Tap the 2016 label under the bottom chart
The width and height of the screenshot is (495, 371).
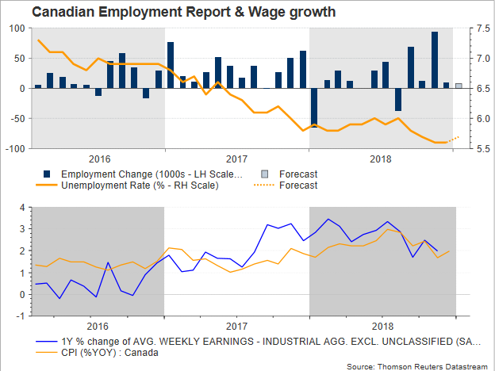point(97,326)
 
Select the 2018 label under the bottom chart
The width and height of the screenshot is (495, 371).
point(382,326)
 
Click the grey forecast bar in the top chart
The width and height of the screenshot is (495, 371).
point(459,86)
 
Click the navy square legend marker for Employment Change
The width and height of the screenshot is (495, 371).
point(48,174)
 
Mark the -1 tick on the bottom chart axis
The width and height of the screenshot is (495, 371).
point(20,316)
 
